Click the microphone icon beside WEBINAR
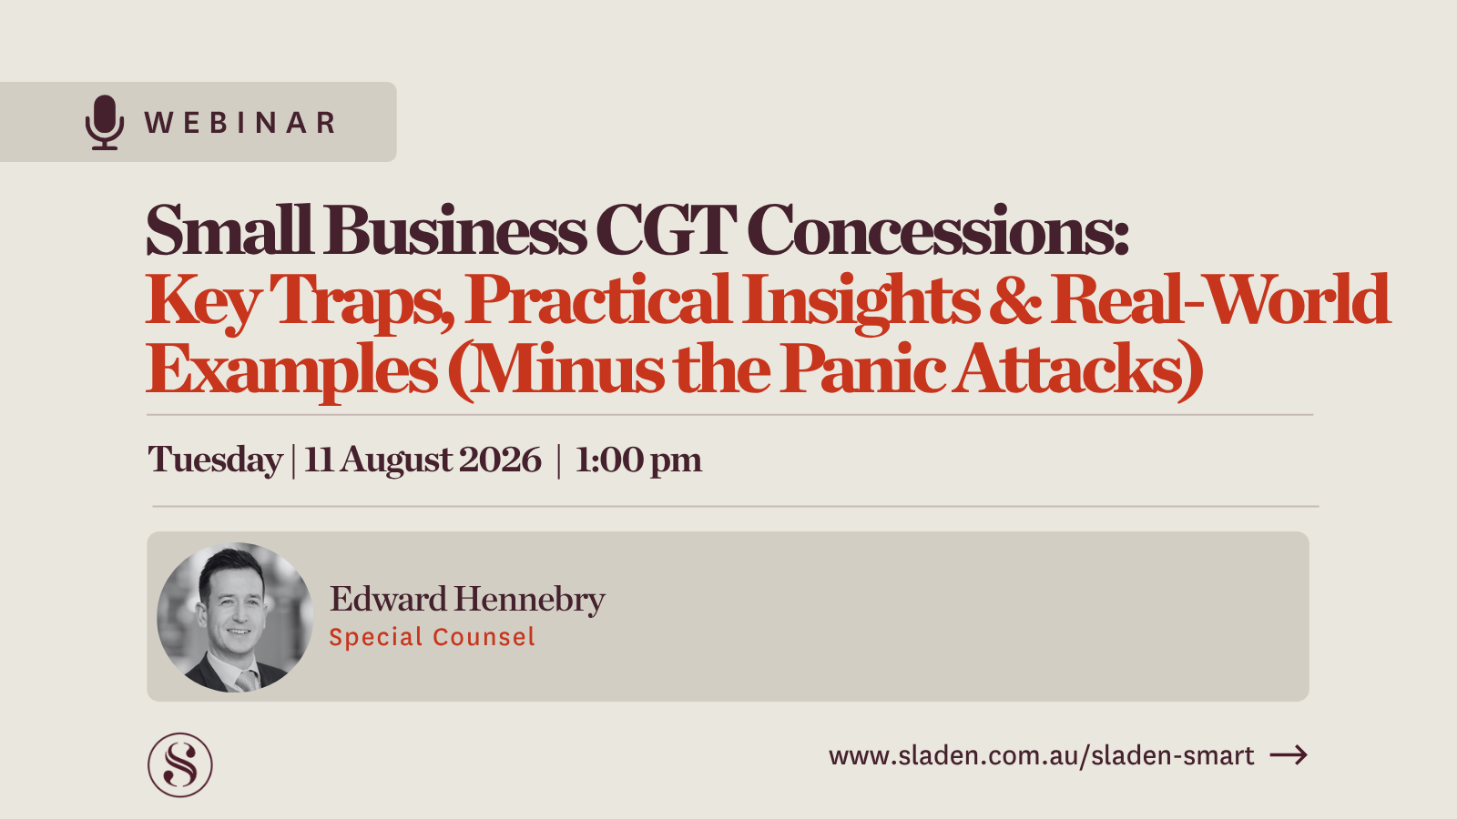click(x=105, y=122)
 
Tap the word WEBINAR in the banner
click(x=240, y=123)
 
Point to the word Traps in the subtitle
click(x=362, y=300)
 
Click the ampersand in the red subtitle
click(x=1014, y=300)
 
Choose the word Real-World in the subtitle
click(x=1220, y=300)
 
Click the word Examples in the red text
click(x=291, y=369)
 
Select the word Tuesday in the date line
click(x=215, y=460)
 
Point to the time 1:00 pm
click(x=638, y=460)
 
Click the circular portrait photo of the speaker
click(x=235, y=617)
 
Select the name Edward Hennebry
click(x=467, y=599)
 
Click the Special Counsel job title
click(x=432, y=637)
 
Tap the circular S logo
click(x=180, y=765)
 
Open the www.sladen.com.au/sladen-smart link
click(x=1041, y=755)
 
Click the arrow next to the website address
click(x=1289, y=755)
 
